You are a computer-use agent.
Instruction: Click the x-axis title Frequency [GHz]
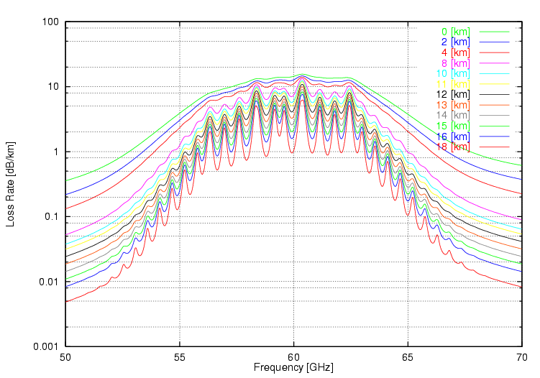[x=293, y=368]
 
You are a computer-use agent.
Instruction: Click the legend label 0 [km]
[x=456, y=32]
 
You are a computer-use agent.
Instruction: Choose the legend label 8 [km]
[x=456, y=63]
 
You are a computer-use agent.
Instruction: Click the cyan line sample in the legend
[x=493, y=73]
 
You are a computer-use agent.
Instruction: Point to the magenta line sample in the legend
[x=493, y=63]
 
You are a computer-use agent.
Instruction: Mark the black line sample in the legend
[x=493, y=94]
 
